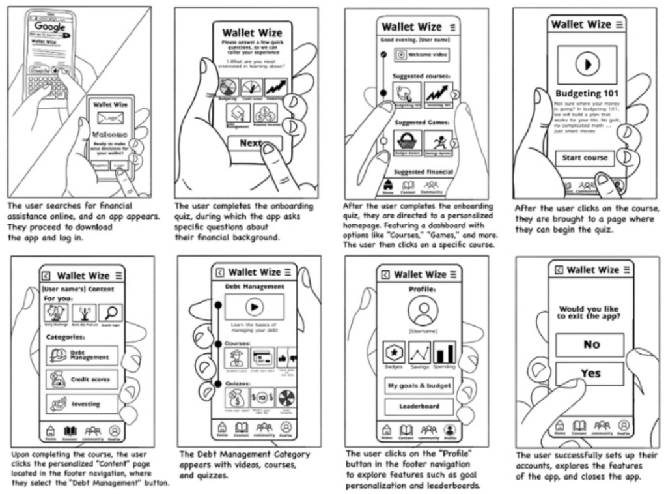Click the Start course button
click(x=584, y=158)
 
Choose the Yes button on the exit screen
click(x=590, y=374)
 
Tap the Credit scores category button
click(x=82, y=379)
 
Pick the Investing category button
click(x=82, y=404)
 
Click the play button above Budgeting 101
click(x=587, y=65)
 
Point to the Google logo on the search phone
click(x=50, y=27)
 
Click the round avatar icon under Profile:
click(x=423, y=311)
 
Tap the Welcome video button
click(x=421, y=55)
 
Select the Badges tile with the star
click(x=394, y=353)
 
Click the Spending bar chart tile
click(x=443, y=353)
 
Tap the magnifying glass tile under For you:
click(x=109, y=313)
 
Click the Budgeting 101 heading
click(x=587, y=93)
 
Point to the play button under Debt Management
click(x=254, y=306)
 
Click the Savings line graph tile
click(x=419, y=353)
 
